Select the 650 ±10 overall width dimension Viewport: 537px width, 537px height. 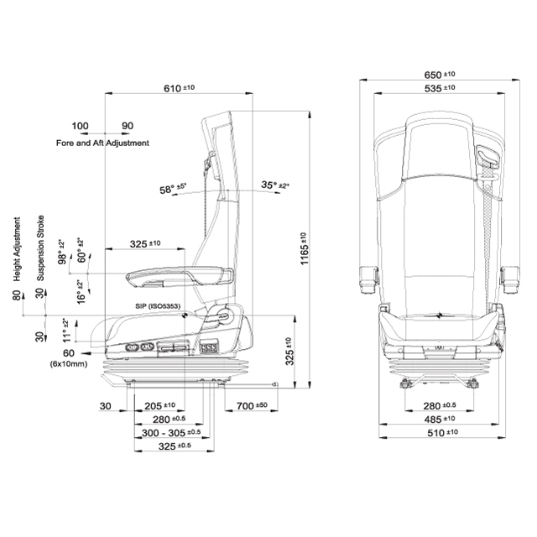(440, 76)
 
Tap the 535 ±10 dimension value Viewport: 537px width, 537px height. (440, 88)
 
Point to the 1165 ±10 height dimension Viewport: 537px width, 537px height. (305, 250)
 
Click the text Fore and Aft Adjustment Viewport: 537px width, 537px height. (102, 143)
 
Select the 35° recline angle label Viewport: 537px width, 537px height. (273, 185)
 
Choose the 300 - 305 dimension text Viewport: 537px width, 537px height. (172, 432)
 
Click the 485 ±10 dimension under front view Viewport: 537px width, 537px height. (440, 419)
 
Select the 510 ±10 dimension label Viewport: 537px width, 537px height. (440, 432)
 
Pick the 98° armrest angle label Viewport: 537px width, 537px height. (61, 251)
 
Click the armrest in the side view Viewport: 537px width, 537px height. (180, 274)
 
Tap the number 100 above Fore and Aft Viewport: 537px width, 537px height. (80, 127)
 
